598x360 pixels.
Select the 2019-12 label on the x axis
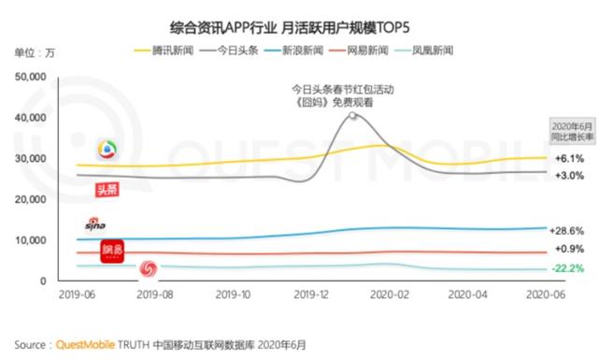313,292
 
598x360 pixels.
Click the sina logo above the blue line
95,225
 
